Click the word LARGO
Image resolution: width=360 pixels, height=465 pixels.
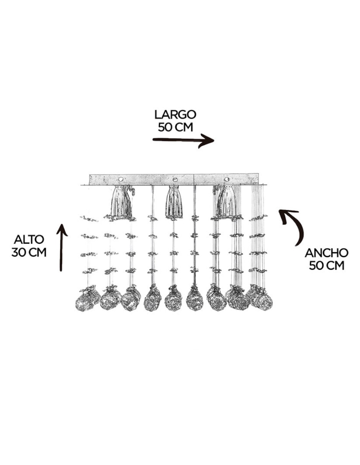(175, 115)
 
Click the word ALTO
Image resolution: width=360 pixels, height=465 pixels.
(29, 240)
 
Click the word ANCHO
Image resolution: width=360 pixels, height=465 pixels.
(327, 253)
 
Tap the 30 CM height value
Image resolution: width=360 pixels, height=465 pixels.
(29, 253)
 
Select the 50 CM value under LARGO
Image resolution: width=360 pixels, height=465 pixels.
(175, 127)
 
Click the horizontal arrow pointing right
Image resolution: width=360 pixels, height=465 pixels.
(183, 140)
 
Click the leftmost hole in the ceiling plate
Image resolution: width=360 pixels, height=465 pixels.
(121, 179)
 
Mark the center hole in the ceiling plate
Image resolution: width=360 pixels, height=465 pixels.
(175, 179)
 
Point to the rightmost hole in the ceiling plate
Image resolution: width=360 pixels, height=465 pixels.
(226, 179)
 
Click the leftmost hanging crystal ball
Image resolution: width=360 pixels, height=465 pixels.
(85, 302)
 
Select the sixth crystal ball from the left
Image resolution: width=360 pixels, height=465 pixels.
(195, 299)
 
